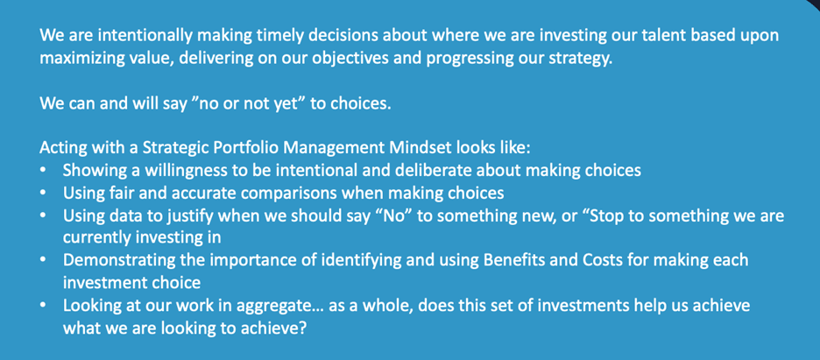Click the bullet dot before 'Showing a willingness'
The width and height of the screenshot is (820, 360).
44,170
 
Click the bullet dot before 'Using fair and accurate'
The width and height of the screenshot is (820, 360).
44,193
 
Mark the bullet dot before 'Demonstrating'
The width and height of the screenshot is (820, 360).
44,261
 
